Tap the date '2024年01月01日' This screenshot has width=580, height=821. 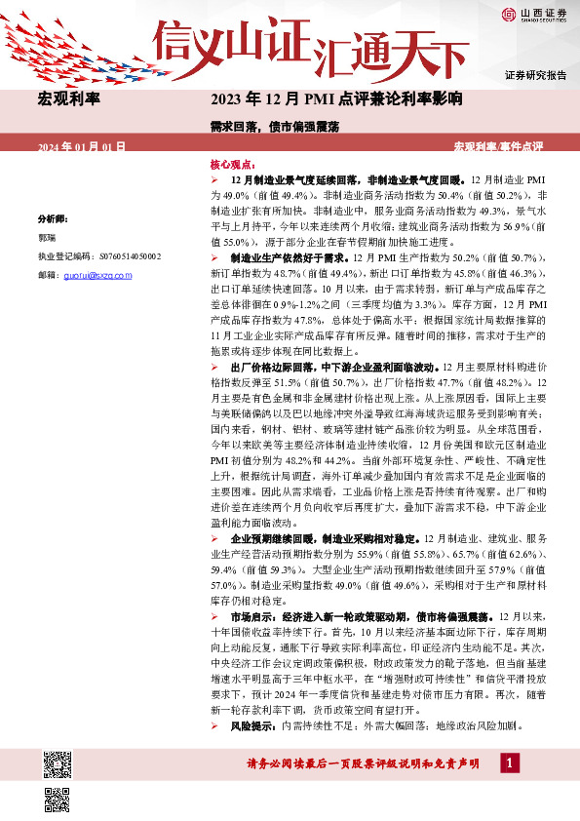[x=82, y=146]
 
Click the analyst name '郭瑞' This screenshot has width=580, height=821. [x=47, y=238]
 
